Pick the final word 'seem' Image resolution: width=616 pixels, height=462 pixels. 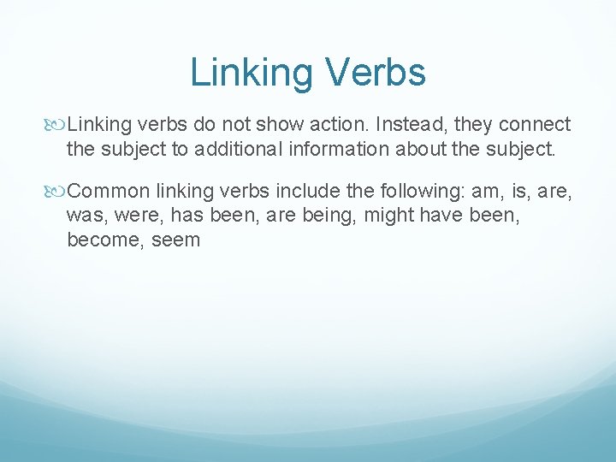(x=177, y=240)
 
